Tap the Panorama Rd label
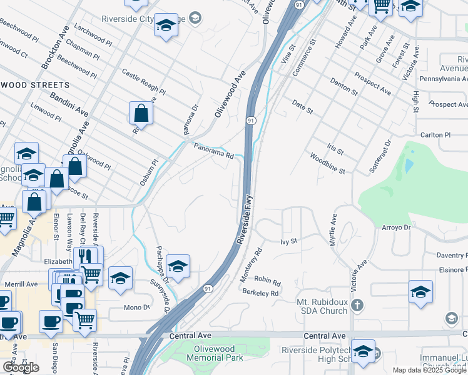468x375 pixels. [213, 152]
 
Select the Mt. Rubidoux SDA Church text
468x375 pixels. [322, 306]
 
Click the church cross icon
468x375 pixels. [357, 306]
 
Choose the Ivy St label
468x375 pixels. [288, 241]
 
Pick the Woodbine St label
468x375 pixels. [329, 162]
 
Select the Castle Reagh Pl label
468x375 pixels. [143, 82]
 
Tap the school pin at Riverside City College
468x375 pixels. [166, 26]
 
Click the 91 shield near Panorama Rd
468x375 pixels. [250, 120]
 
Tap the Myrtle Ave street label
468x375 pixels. [333, 230]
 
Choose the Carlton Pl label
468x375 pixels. [435, 135]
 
